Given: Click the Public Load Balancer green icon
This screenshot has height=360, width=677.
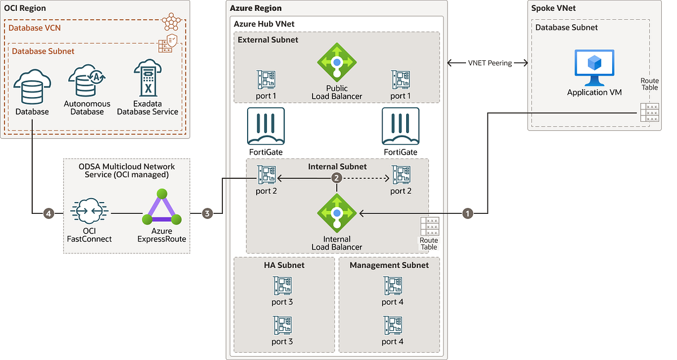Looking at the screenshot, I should [337, 63].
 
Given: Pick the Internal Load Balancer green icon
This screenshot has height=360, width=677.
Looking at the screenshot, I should [337, 213].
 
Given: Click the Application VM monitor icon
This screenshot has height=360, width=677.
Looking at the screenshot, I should [594, 67].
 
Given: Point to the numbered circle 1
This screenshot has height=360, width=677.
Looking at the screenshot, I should [467, 213].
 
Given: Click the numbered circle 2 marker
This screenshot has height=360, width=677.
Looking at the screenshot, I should [337, 178].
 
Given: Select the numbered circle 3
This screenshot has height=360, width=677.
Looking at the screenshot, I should [208, 213].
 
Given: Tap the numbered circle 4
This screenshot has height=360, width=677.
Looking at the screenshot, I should [49, 213].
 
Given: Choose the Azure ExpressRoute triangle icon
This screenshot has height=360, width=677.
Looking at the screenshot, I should [162, 209].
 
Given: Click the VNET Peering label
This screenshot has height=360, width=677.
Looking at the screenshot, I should [490, 63].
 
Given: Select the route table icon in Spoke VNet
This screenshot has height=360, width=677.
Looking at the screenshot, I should [650, 112].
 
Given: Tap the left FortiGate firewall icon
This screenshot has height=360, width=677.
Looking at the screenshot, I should [266, 127].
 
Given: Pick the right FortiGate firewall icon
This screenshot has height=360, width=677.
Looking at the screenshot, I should [401, 127].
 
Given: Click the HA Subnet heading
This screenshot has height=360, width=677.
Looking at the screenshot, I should [284, 265].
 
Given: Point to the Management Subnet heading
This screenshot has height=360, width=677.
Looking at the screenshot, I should [389, 265].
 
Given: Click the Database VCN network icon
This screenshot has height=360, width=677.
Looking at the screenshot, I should [174, 21].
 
